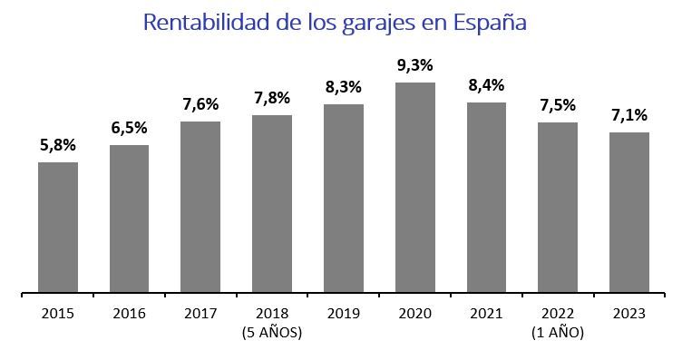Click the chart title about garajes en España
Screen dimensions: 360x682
336,23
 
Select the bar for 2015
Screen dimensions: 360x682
58,228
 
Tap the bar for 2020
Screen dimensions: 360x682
415,188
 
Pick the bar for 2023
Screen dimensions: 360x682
629,212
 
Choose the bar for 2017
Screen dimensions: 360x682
200,207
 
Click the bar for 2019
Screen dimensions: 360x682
344,199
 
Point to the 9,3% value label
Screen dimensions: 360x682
415,65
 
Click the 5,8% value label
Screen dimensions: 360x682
58,145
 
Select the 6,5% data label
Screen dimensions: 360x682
130,128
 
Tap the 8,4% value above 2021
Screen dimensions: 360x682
487,85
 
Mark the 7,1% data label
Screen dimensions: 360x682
629,115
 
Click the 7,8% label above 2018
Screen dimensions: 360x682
272,98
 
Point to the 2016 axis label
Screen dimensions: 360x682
130,314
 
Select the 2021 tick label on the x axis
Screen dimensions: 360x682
487,314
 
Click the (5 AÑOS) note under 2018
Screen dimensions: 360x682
272,332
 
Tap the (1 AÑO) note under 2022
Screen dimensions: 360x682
558,332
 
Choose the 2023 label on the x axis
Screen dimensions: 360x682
629,314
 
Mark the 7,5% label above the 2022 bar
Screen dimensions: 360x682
558,105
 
